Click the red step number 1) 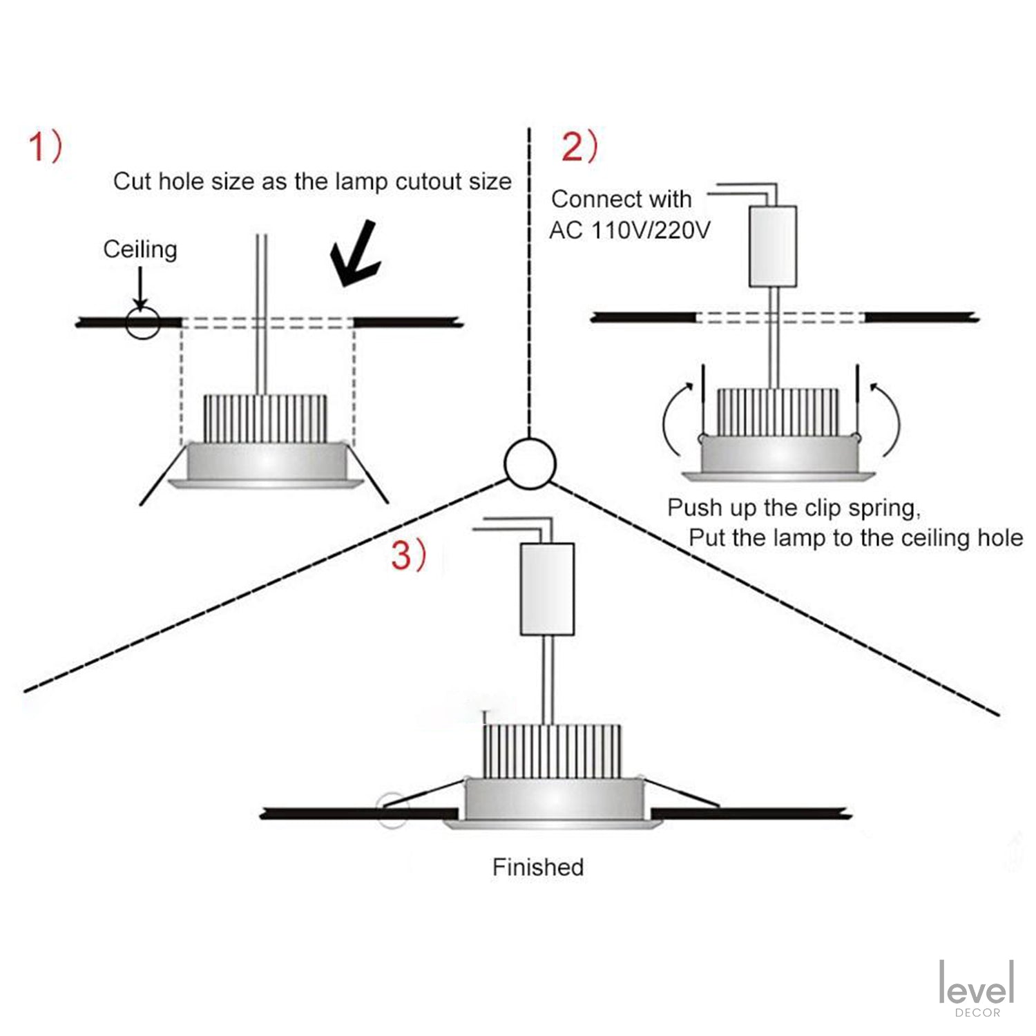tap(45, 147)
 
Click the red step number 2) tap(579, 147)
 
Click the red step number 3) tap(409, 555)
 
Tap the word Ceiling tap(140, 249)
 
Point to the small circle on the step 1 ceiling tap(143, 322)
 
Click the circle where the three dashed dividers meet tap(530, 463)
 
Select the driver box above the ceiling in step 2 tap(773, 246)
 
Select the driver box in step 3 tap(547, 589)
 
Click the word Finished tap(538, 867)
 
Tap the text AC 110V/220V tap(630, 230)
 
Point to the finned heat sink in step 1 tap(265, 419)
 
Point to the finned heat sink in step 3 tap(552, 751)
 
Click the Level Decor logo tap(977, 988)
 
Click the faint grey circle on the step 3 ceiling tap(392, 810)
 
